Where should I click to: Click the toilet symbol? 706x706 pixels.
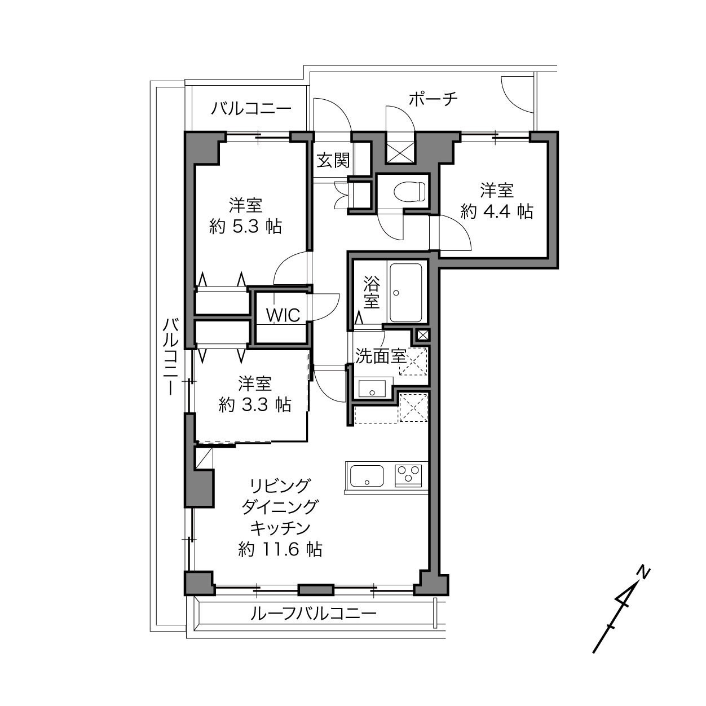point(409,191)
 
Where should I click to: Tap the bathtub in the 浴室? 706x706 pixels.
point(405,293)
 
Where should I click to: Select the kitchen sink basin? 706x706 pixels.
point(367,475)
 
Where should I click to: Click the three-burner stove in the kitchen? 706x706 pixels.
point(408,475)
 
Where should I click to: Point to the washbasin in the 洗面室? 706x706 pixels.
point(372,389)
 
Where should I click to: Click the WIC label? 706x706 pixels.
point(283,315)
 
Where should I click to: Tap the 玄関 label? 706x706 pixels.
point(333,160)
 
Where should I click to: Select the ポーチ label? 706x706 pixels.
point(434,99)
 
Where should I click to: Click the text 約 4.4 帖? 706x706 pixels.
point(496,211)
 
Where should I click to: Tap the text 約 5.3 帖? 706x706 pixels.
point(245,227)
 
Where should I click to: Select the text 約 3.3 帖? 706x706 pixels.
point(255,404)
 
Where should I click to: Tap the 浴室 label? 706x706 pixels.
point(371,292)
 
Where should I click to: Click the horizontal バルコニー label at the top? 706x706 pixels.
point(251,108)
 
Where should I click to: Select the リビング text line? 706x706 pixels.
point(280,486)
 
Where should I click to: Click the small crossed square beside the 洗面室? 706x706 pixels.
point(423,334)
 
